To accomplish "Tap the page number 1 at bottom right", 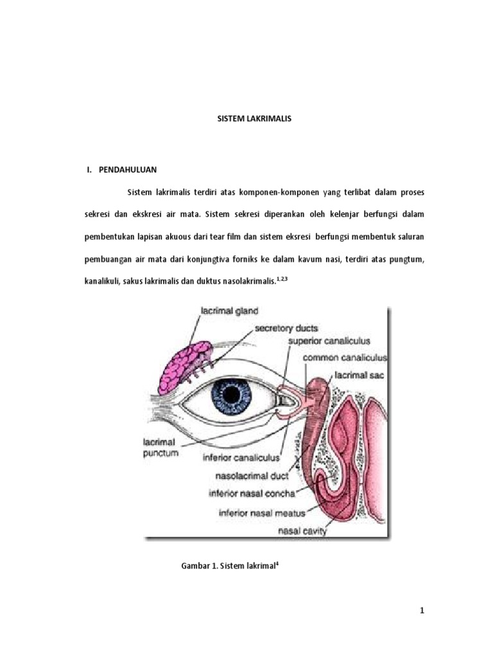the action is [422, 611].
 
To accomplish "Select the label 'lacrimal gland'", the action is [229, 311].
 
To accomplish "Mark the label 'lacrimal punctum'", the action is [160, 447].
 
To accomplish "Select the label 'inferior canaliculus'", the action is [241, 458].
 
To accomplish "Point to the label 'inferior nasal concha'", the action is [252, 493].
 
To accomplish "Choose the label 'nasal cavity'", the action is [302, 531].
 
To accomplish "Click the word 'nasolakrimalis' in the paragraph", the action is [248, 281].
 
